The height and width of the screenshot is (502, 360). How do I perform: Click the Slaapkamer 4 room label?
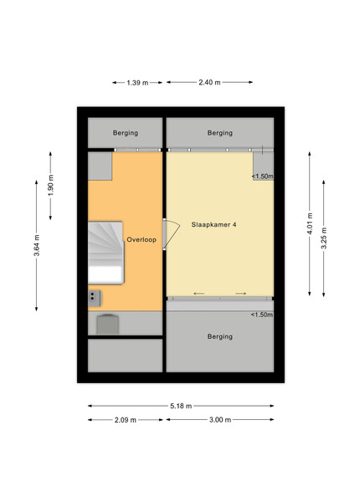213,224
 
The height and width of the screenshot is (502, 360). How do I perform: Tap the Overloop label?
141,239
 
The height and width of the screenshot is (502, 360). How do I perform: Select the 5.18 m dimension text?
181,406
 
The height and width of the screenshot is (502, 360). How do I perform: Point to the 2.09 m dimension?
126,420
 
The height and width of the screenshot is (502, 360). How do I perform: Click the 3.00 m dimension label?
220,420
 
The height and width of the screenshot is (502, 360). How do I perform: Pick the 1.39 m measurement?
137,83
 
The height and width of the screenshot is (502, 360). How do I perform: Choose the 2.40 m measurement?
209,82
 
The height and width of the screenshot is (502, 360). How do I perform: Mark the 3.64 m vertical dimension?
37,245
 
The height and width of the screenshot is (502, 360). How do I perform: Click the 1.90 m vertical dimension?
51,186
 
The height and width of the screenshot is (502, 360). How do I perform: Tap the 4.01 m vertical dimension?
310,223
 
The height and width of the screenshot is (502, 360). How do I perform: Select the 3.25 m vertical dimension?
324,238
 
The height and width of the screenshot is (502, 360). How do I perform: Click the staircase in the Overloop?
105,253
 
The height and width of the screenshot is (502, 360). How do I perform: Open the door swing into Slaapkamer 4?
172,234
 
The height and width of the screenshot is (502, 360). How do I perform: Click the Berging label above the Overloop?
126,133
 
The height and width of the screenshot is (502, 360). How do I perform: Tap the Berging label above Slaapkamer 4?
219,133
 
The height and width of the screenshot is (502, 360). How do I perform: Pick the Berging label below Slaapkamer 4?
219,336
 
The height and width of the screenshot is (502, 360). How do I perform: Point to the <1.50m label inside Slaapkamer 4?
262,176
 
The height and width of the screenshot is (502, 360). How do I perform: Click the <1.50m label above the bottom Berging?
262,315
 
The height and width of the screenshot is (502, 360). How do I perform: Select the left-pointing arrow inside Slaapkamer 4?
199,294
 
